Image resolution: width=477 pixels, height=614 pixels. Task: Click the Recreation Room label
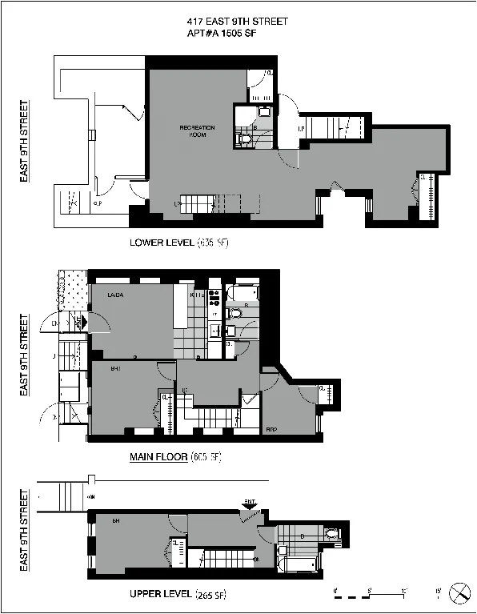pos(197,131)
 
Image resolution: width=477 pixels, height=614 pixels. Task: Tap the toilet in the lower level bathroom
pos(246,139)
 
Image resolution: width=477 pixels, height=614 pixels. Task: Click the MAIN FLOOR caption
pos(158,457)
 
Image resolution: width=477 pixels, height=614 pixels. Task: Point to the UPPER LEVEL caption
pos(160,594)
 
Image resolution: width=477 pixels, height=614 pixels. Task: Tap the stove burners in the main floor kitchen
pos(214,299)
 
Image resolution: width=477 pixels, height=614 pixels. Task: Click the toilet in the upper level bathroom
pos(334,532)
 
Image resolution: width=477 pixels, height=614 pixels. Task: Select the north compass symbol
pos(460,593)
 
